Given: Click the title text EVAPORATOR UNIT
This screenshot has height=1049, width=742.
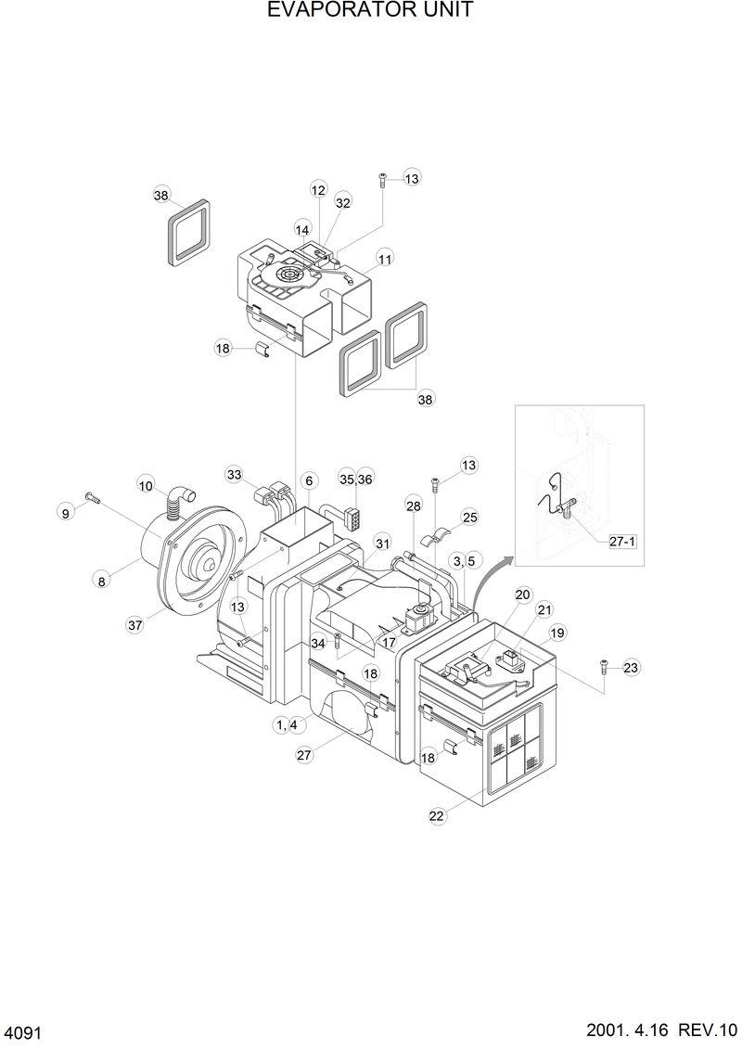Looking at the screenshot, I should [370, 10].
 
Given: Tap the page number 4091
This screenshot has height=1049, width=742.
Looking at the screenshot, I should [23, 1032].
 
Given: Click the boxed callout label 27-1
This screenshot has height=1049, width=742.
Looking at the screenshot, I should [622, 542].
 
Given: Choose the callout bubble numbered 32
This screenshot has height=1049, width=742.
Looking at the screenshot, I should [343, 201].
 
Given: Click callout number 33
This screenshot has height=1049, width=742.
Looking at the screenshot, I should [234, 474].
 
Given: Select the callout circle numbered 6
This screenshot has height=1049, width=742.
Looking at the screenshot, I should [309, 480].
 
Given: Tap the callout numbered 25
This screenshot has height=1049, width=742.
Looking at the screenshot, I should [469, 517].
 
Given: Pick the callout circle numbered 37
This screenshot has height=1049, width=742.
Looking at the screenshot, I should [135, 625].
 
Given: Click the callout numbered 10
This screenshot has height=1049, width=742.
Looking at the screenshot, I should [146, 484].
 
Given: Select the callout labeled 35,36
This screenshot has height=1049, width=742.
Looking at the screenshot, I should [355, 479].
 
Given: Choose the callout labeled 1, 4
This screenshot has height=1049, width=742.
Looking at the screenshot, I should [287, 724].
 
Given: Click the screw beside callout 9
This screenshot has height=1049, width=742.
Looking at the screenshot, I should [91, 499].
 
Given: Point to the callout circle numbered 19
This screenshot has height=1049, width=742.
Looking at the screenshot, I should [557, 633].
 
